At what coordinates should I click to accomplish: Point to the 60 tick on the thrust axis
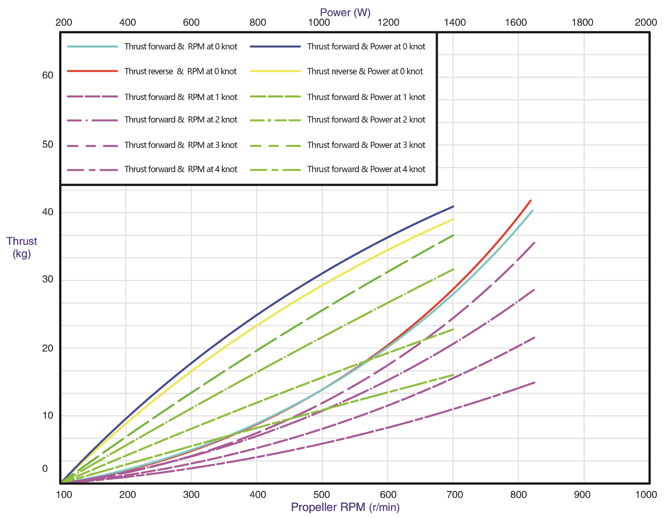coord(48,75)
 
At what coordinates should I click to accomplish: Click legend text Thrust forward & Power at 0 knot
coord(366,47)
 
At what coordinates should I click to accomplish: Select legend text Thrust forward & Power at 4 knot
coord(366,169)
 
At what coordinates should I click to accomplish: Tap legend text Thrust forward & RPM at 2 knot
coord(180,120)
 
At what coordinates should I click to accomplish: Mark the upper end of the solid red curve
coord(531,200)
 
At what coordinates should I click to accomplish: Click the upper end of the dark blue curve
coord(453,207)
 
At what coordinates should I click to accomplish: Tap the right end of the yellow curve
coord(453,219)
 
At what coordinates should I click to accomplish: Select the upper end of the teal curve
coord(532,211)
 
